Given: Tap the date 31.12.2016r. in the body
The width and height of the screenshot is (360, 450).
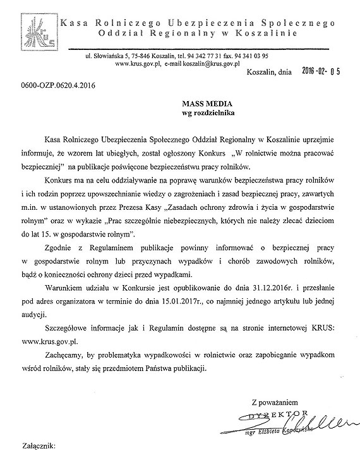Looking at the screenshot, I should click(256, 284).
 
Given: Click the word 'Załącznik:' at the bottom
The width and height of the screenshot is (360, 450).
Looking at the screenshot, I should click(37, 445).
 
